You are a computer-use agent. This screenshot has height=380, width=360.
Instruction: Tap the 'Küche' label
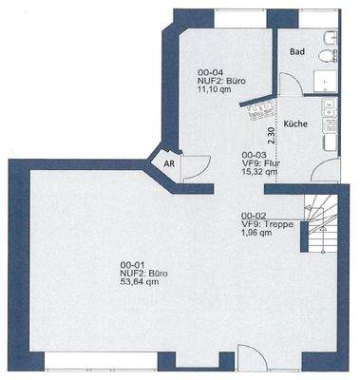coord(295,124)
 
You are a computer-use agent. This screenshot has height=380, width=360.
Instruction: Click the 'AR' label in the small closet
coord(169,163)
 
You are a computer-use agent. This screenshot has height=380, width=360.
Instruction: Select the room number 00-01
coord(132,263)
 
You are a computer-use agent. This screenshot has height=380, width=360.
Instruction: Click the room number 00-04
coord(210,72)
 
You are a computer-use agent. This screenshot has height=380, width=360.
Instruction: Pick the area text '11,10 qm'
coord(216,90)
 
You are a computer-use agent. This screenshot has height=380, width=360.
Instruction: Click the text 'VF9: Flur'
coord(260,163)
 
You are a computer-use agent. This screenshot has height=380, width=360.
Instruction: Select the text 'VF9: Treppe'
coord(267,224)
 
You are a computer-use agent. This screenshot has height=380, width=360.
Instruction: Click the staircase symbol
coord(319,228)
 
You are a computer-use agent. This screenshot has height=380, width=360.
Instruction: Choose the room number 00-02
coord(254,215)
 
